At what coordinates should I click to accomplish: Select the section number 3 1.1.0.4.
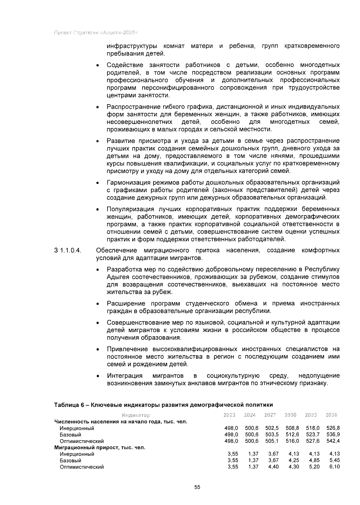(x=68, y=250)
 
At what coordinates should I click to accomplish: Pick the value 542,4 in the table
(x=332, y=441)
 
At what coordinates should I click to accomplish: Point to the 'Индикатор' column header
(x=136, y=415)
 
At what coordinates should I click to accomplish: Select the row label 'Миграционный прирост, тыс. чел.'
(x=100, y=448)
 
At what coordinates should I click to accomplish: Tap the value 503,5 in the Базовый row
(x=272, y=434)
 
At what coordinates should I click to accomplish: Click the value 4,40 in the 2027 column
(x=273, y=467)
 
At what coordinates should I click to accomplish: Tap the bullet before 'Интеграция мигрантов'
(x=97, y=376)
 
